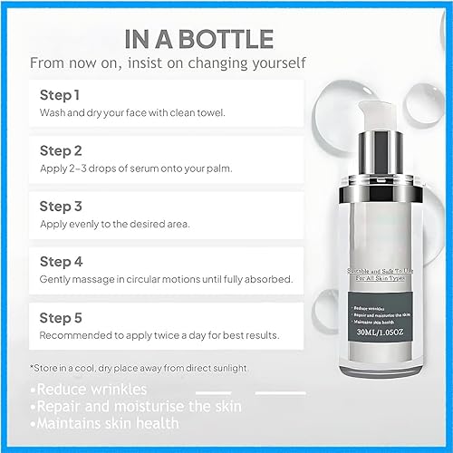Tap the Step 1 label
(60, 94)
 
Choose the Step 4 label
(61, 261)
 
